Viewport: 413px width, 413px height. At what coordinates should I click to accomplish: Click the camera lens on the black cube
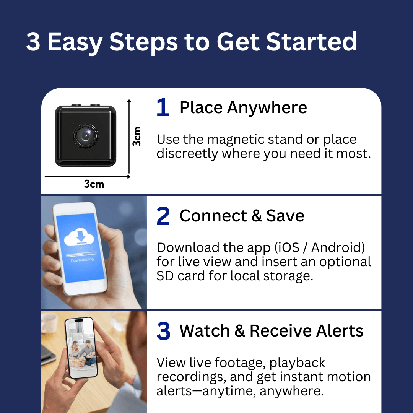[86, 136]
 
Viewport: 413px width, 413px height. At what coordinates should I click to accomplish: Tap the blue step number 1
[163, 107]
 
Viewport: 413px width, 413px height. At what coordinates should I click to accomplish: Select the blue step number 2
[163, 216]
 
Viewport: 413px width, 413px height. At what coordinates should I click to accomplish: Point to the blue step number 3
[163, 331]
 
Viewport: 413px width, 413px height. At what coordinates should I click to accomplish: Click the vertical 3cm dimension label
[137, 136]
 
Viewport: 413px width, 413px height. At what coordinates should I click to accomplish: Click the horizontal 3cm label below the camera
[94, 184]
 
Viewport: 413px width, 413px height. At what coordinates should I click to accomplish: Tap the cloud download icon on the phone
[79, 237]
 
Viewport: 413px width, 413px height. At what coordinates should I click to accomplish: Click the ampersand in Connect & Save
[256, 216]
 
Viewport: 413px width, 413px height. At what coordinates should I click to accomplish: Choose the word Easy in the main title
[75, 42]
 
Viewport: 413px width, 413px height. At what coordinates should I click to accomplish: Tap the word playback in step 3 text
[297, 363]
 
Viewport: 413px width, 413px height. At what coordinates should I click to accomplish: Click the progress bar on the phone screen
[81, 254]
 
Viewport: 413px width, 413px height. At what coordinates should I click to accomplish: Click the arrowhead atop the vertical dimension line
[129, 101]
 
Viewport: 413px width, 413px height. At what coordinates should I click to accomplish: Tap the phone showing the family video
[81, 348]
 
